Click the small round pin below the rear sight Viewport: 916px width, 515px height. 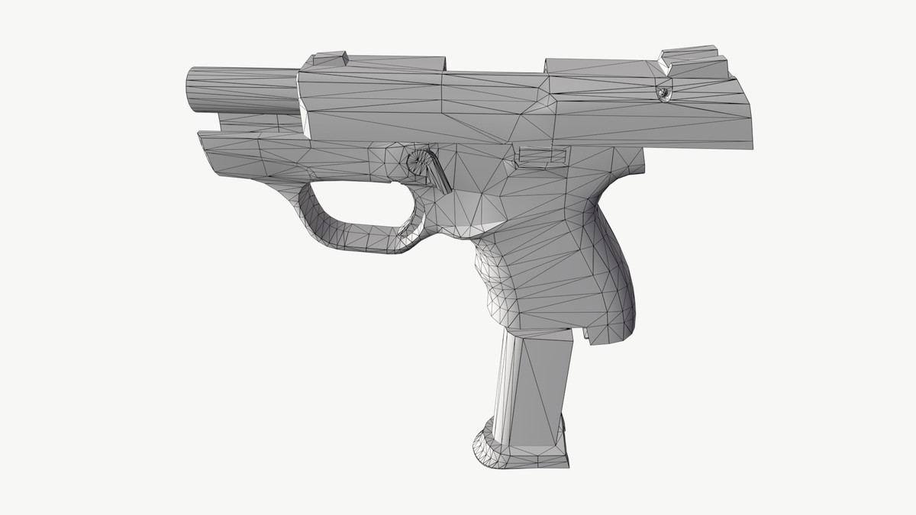pos(664,92)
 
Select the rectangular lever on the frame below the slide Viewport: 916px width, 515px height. pos(542,156)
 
